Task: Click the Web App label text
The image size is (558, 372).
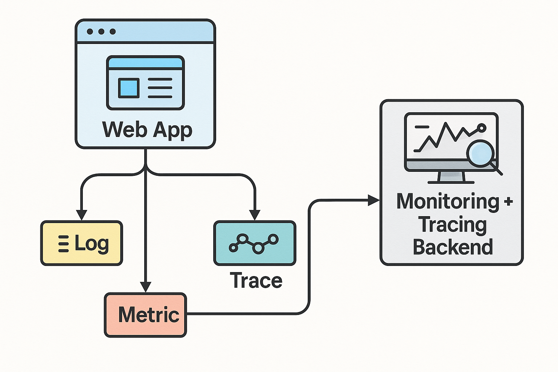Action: [x=147, y=130]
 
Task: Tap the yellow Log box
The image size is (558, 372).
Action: [x=81, y=243]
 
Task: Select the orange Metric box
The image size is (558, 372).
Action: [x=145, y=315]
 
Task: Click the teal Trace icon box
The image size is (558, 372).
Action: [x=255, y=243]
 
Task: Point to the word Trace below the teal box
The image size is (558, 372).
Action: [x=256, y=281]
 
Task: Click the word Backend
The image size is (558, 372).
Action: [x=453, y=247]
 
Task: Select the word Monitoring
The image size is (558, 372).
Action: [x=448, y=202]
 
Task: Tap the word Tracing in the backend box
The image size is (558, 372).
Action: [x=452, y=225]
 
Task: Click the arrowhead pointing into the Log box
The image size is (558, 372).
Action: [x=81, y=215]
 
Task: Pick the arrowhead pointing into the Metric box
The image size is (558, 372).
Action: [x=145, y=287]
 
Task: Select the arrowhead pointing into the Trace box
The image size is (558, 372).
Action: [x=255, y=215]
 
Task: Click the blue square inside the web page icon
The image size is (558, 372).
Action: [x=129, y=88]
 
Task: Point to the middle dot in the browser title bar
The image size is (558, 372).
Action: [x=101, y=32]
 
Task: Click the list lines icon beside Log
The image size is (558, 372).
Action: [x=64, y=244]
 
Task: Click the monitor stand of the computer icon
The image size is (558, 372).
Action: [x=451, y=177]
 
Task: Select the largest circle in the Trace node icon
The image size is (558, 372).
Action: [x=258, y=248]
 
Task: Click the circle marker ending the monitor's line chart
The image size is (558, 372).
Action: [x=482, y=128]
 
